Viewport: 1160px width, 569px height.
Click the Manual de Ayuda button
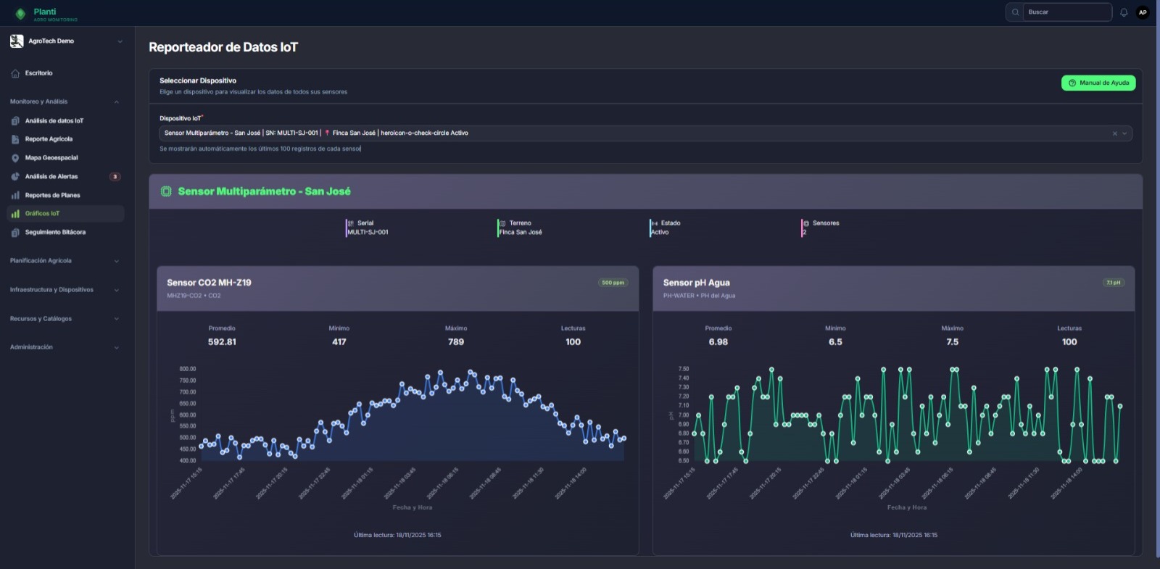coord(1098,83)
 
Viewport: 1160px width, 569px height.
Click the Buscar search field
coord(1066,12)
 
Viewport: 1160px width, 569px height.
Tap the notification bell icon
coord(1124,12)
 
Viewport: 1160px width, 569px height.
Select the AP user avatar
coord(1143,12)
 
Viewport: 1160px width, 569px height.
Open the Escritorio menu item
coord(38,73)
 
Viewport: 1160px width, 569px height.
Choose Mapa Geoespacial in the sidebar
coord(51,158)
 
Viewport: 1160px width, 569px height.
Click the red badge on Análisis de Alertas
coord(115,177)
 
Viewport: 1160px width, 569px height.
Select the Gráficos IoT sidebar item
coord(42,214)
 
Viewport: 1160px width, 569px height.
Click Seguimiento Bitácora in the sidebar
coord(55,233)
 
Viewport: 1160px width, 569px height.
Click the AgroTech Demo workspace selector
coord(65,41)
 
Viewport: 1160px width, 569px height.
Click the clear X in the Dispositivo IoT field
coord(1114,133)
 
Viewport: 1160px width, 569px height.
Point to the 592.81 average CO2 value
coord(222,342)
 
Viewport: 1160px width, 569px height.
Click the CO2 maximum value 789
coord(456,342)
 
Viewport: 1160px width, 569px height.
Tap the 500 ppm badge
coord(613,283)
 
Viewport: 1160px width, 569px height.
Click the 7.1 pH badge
coord(1113,283)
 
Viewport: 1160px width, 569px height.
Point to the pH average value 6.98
coord(718,342)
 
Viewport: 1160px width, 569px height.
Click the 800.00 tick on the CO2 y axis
coord(188,369)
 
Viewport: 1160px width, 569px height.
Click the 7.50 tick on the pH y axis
coord(684,369)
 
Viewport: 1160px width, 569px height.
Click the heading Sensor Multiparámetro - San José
coord(264,192)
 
